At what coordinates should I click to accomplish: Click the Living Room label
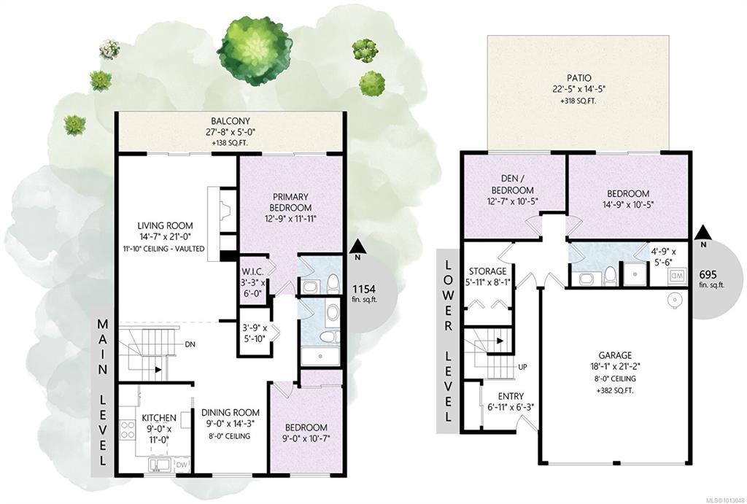(x=166, y=226)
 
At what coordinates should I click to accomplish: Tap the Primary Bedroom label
(x=290, y=202)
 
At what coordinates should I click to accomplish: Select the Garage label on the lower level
(x=616, y=355)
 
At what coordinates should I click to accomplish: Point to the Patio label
(x=579, y=77)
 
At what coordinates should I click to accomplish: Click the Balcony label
(x=231, y=121)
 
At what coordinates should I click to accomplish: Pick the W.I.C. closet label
(x=252, y=271)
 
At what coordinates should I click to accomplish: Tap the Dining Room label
(x=230, y=413)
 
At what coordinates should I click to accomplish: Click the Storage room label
(x=487, y=272)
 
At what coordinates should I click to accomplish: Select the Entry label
(x=511, y=396)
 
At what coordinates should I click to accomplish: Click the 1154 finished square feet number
(x=364, y=289)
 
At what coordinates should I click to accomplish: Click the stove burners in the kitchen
(x=127, y=429)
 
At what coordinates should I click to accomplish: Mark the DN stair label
(x=190, y=344)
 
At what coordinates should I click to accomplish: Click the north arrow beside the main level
(x=359, y=247)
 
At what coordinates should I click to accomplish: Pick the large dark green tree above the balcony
(x=254, y=50)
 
